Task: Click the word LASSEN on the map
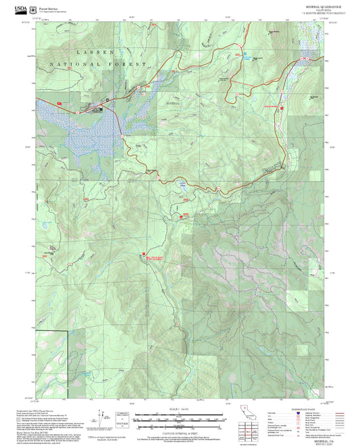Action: click(x=97, y=51)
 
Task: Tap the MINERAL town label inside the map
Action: click(x=174, y=103)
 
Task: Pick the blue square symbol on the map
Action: click(x=245, y=53)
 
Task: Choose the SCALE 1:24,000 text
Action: click(x=180, y=408)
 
